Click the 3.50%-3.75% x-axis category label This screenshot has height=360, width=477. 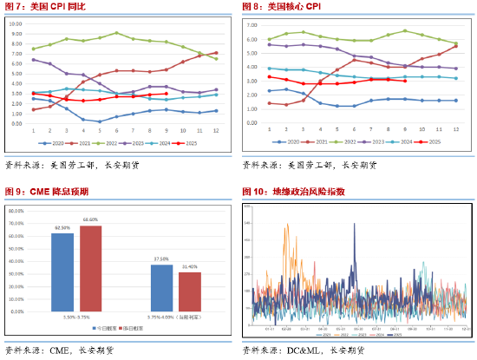76,318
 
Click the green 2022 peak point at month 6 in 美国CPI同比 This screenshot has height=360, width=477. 117,33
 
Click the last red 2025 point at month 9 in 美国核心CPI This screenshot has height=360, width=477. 405,81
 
